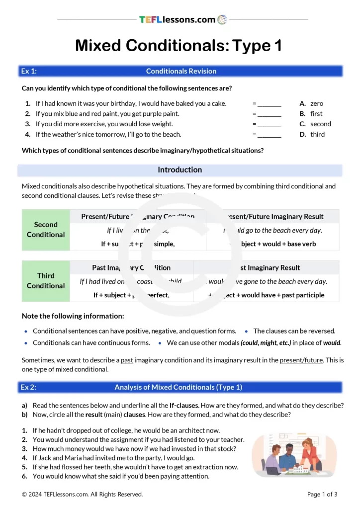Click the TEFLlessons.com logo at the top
pos(182,20)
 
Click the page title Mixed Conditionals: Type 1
pos(179,46)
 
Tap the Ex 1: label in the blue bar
pos(29,71)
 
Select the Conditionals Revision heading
pos(181,71)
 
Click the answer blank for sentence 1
pos(269,104)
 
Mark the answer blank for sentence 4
pos(269,135)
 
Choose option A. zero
pos(311,104)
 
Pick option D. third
pos(312,135)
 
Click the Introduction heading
pos(180,170)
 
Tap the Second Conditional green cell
pos(46,230)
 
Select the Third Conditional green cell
pos(46,281)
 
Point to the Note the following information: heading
pos(73,316)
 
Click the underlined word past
pos(127,360)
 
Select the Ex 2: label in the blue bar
pos(29,387)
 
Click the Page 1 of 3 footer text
pos(322,494)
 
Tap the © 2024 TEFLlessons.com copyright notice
pos(82,494)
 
